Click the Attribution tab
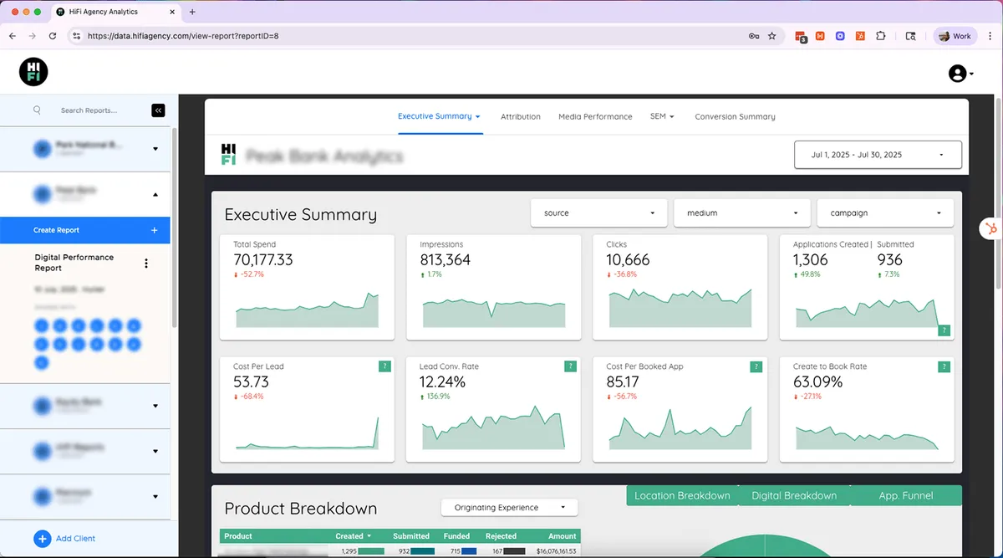pos(520,116)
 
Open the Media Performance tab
pos(595,116)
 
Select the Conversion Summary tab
pos(735,116)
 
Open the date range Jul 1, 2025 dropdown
pos(878,155)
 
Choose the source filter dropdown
pos(598,213)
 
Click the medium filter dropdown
pos(742,213)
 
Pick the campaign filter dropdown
pos(885,213)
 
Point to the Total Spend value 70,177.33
pos(263,260)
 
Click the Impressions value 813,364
pos(445,260)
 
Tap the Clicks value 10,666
pos(628,260)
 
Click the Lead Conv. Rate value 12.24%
pos(442,382)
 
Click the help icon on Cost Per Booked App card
pos(756,366)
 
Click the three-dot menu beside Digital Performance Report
pos(146,264)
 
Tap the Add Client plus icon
pos(43,539)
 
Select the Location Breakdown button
pos(682,495)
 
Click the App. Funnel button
pos(906,495)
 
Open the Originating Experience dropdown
pos(509,508)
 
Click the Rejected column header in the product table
pos(501,536)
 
